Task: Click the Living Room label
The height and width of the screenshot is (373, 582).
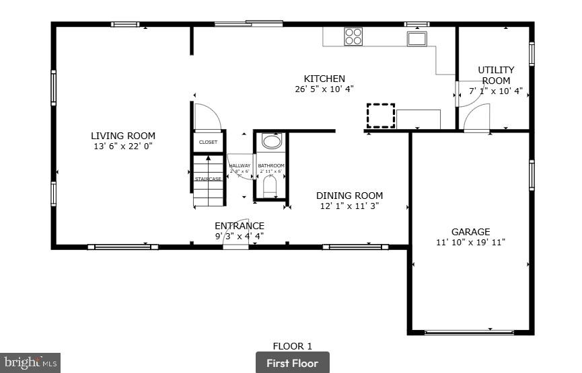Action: tap(123, 136)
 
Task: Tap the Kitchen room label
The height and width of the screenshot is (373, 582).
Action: tap(324, 79)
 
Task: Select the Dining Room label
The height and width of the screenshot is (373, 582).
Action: tap(349, 196)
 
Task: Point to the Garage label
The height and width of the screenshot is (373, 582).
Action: tap(470, 232)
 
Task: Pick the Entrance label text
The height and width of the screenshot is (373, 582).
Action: tap(240, 226)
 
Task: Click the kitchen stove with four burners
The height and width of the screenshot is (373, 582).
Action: tap(353, 36)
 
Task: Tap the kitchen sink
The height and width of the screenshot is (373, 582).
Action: tap(416, 38)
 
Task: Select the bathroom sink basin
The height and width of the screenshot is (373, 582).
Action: tap(271, 142)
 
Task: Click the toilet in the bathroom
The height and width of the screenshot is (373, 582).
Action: tap(270, 186)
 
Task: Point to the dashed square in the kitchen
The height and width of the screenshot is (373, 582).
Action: tap(380, 115)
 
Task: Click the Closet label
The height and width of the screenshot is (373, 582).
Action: tap(208, 142)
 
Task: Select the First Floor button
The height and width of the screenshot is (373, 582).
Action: tap(292, 363)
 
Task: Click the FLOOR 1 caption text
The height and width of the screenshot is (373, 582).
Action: tap(292, 346)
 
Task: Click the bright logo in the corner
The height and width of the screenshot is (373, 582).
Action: tap(30, 363)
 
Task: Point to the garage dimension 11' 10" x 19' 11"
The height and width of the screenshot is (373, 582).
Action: tap(470, 242)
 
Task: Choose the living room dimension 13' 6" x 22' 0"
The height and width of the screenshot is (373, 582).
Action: tap(123, 146)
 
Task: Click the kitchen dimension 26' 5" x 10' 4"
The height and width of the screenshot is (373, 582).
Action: tap(324, 89)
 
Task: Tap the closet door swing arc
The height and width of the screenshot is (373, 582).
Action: tap(210, 116)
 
